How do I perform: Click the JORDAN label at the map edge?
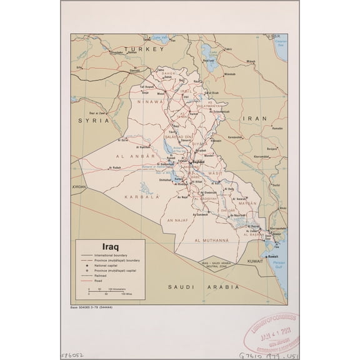coord(78,187)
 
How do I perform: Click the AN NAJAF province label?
coord(174,220)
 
